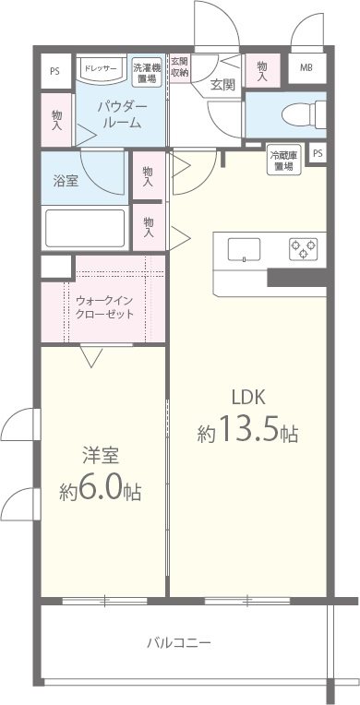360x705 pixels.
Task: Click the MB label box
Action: [x=306, y=68]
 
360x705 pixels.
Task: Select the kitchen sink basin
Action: [x=244, y=248]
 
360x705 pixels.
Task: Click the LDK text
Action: [x=248, y=397]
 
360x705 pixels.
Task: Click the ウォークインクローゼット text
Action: [x=104, y=306]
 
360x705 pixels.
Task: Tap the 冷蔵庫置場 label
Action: [x=282, y=160]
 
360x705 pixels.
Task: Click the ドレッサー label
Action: [x=99, y=67]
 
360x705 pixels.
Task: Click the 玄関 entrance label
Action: [x=222, y=84]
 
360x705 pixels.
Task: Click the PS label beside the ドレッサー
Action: [x=55, y=69]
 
